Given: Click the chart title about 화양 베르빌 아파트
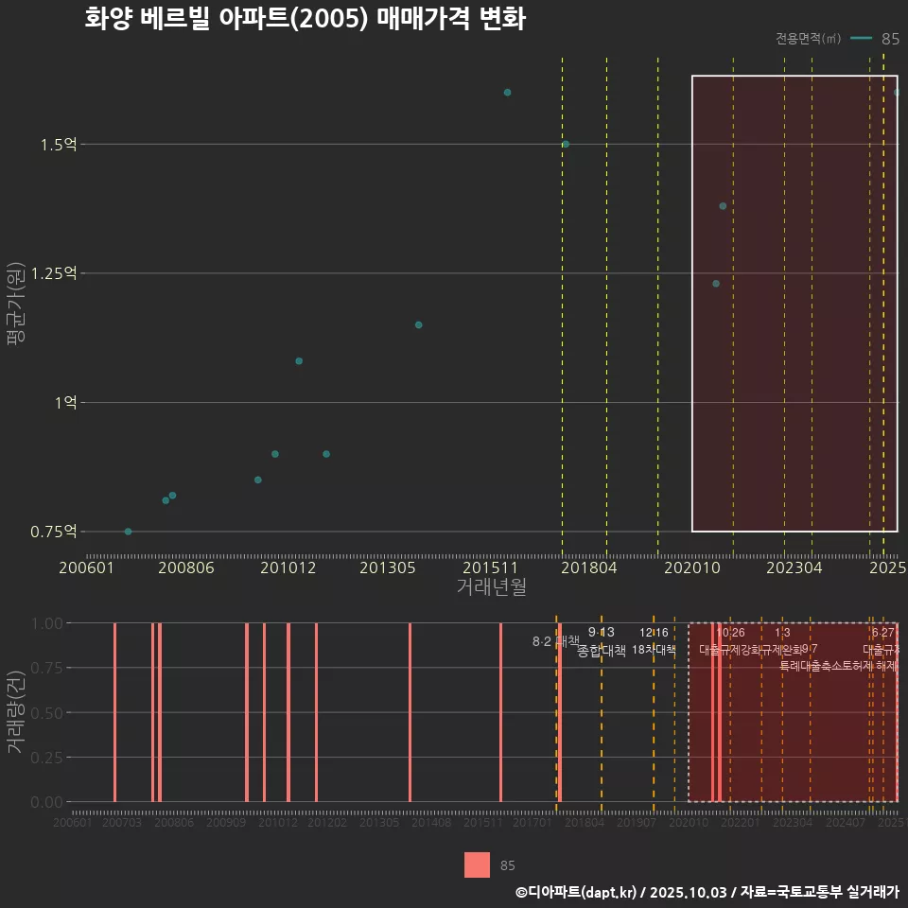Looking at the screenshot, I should click(x=305, y=19).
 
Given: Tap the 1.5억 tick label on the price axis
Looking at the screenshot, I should click(x=59, y=145).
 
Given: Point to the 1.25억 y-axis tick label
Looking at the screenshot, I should click(x=53, y=273).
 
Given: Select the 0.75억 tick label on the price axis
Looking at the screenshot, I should click(x=53, y=532).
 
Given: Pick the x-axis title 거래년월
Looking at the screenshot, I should click(x=491, y=587).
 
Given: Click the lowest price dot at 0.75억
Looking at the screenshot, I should click(x=129, y=532).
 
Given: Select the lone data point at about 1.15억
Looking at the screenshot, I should click(x=418, y=325).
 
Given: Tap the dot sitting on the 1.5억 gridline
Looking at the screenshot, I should click(x=566, y=144).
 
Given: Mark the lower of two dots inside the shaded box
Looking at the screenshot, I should click(x=716, y=284).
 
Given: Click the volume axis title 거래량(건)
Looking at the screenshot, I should click(x=16, y=712).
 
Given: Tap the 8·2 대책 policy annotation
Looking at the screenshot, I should click(x=555, y=641).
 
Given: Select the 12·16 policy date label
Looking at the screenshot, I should click(x=654, y=633).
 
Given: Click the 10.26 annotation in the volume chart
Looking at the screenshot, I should click(x=730, y=633).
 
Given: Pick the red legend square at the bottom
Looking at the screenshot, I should click(x=477, y=864).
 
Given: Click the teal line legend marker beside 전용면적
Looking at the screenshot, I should click(x=861, y=39).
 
